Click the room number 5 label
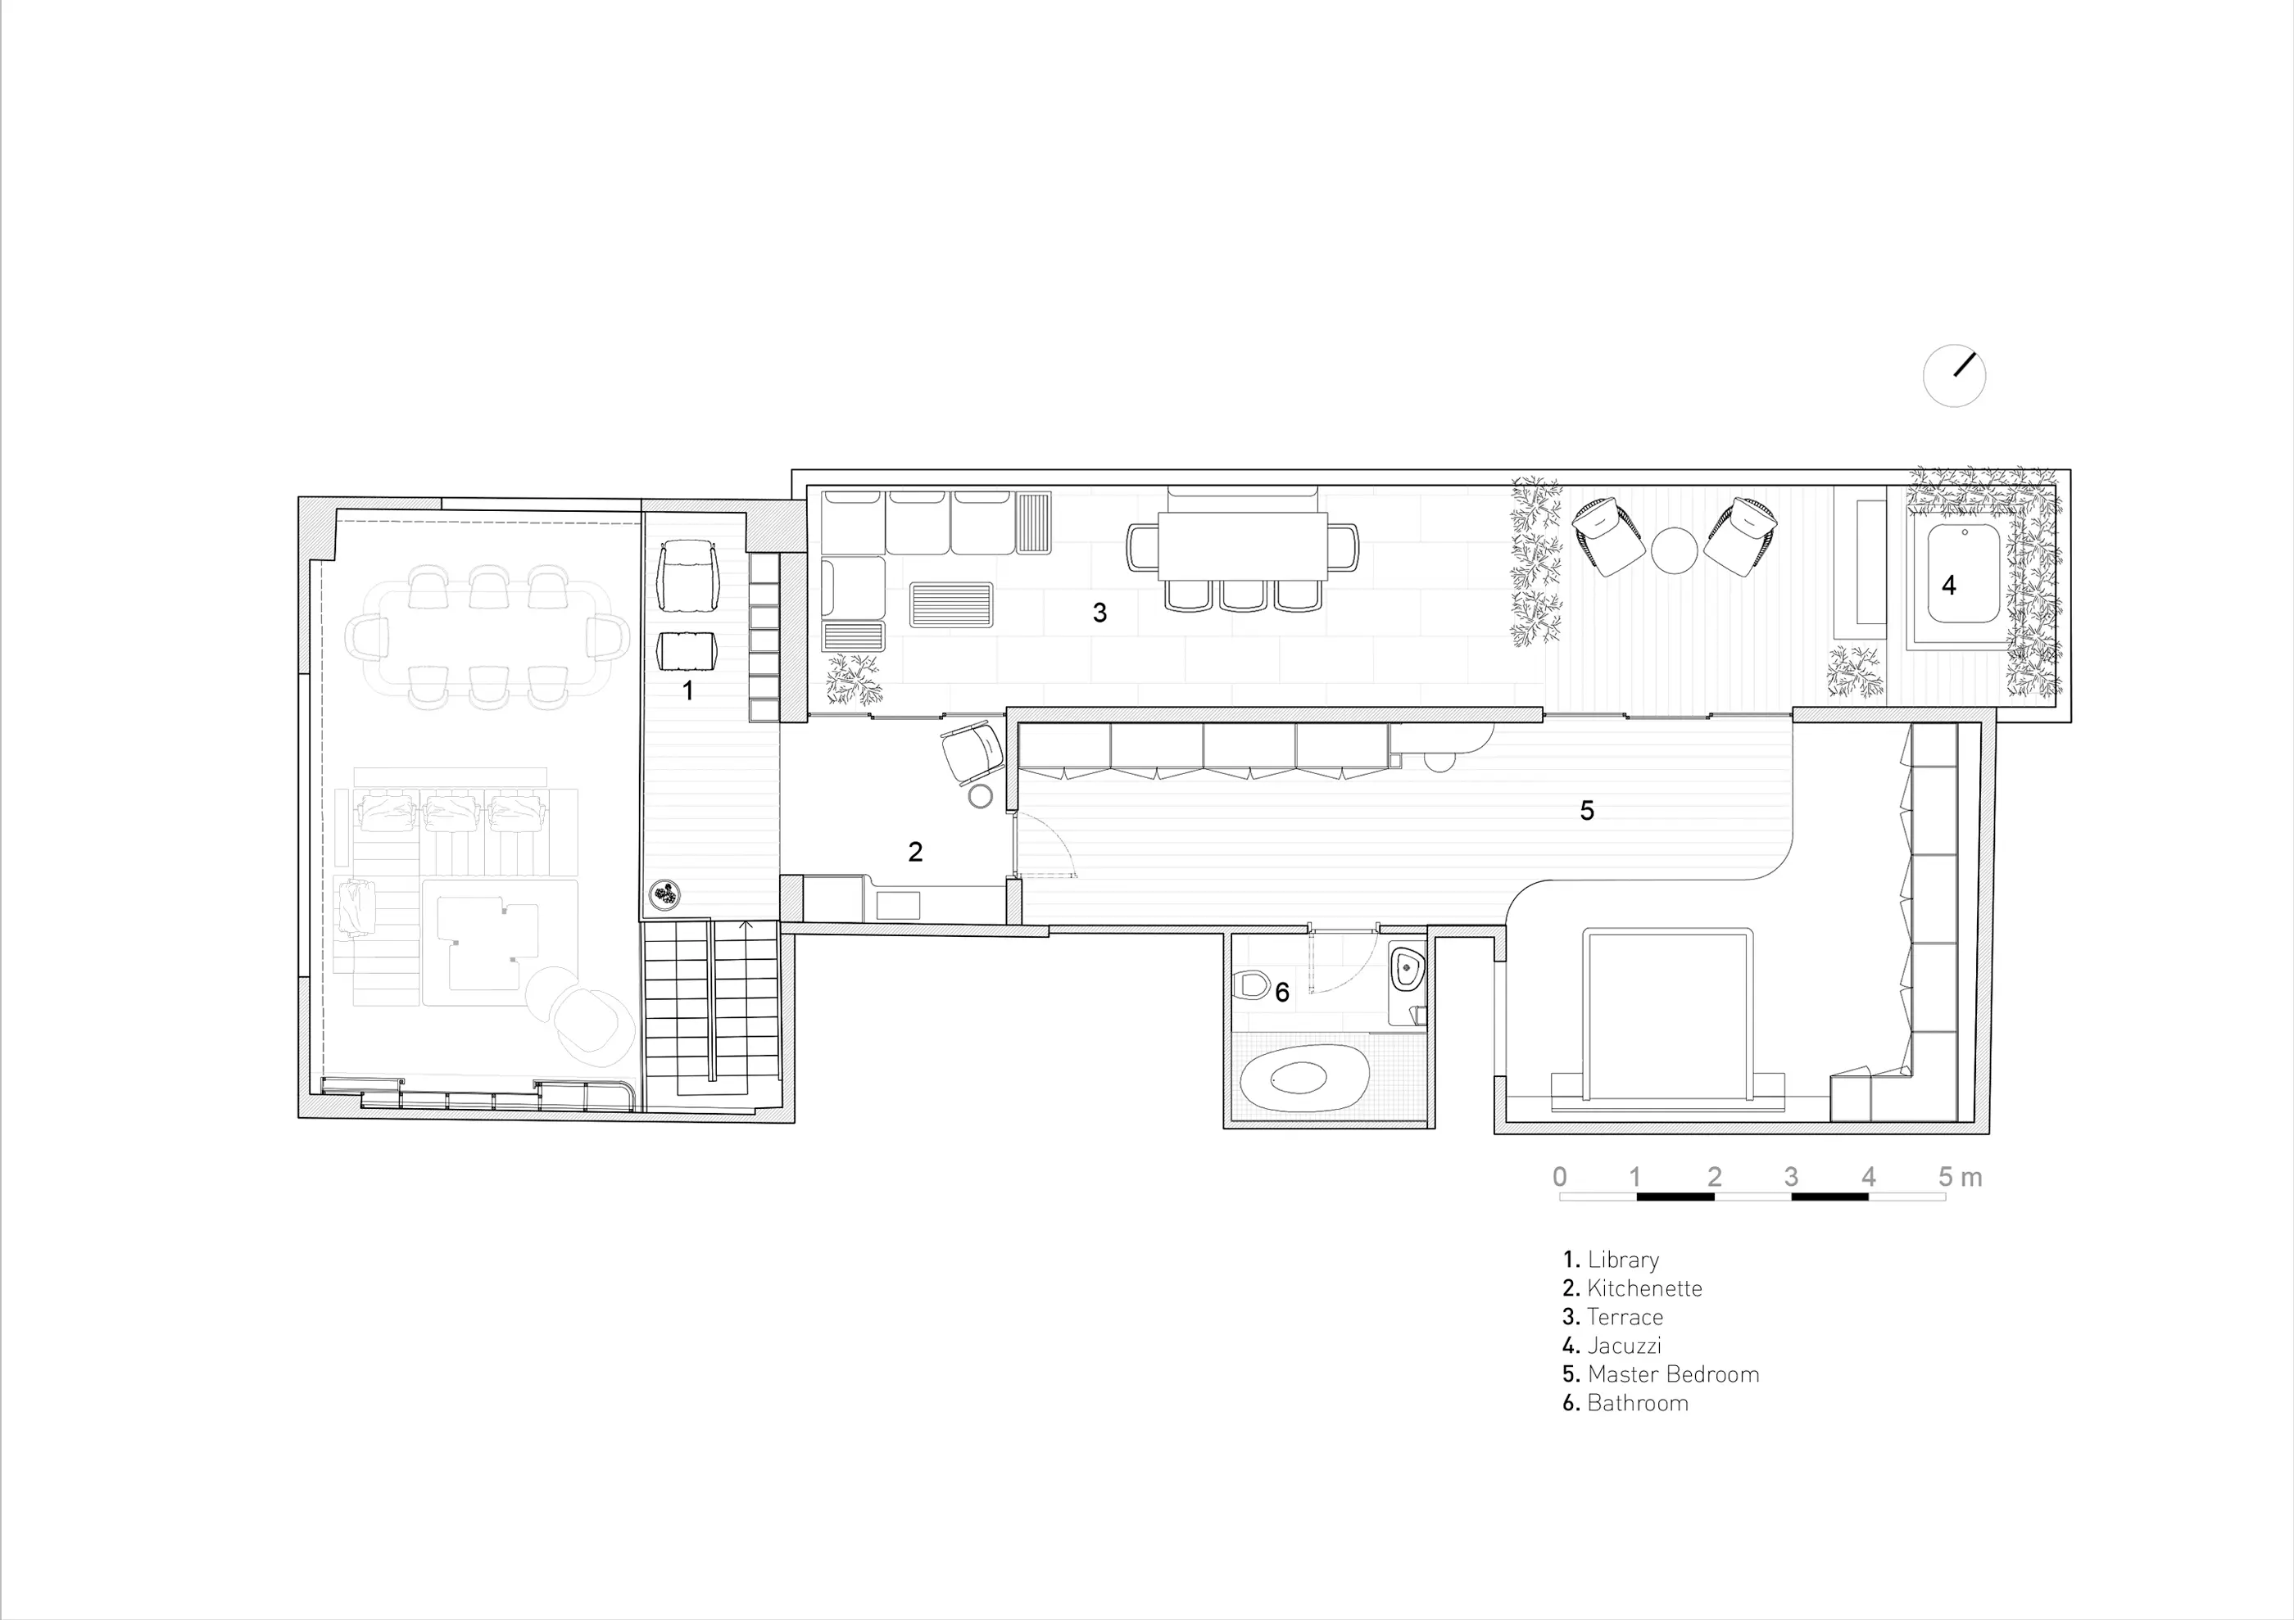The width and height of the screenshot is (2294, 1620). (1587, 810)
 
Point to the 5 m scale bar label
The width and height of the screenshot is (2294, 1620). (1961, 1177)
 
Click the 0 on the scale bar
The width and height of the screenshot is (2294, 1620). (1560, 1177)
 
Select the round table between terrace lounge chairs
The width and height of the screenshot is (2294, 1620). (1675, 550)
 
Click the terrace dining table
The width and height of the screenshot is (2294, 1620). (1243, 546)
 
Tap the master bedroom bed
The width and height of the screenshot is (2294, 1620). (1666, 1019)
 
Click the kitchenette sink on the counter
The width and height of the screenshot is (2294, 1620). (898, 906)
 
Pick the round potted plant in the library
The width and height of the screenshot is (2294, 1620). (665, 896)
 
